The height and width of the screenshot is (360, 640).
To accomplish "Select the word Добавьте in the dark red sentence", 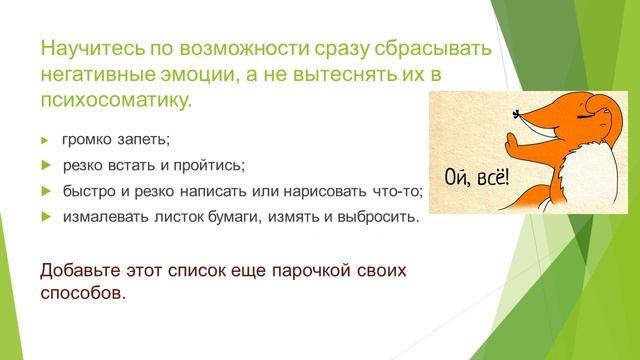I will point(80,271).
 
